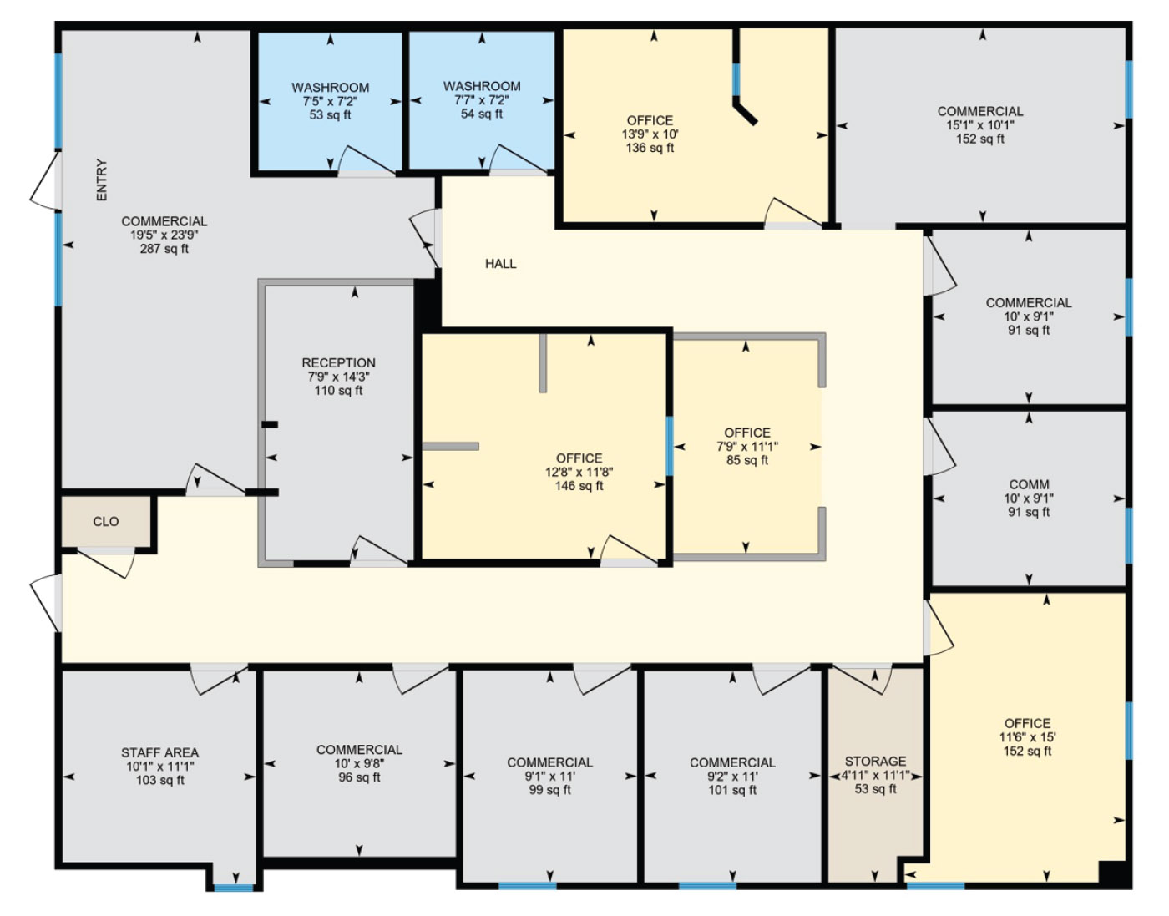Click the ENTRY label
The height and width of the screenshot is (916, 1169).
102,180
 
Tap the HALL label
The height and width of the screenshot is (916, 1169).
500,264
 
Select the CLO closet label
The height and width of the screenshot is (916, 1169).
106,521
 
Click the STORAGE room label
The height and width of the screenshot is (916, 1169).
875,761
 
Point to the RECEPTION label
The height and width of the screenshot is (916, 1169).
338,363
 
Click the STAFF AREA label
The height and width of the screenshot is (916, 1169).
159,752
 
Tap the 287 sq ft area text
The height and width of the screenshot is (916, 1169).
164,249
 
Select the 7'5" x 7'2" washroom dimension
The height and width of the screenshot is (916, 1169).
331,101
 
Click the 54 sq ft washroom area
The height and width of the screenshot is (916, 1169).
482,114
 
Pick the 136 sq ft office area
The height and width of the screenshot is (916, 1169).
650,147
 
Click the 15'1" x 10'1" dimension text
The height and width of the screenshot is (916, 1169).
980,124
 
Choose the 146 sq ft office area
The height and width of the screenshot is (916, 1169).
579,486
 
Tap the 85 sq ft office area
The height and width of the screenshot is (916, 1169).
747,460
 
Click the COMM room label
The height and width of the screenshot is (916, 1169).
1029,484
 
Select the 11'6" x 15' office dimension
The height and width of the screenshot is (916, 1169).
1027,736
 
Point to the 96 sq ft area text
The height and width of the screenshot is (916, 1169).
359,777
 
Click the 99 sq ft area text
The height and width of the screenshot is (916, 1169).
549,790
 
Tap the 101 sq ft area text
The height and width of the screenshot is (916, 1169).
732,790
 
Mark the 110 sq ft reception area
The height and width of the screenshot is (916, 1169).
338,391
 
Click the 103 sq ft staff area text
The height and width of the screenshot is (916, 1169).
159,780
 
